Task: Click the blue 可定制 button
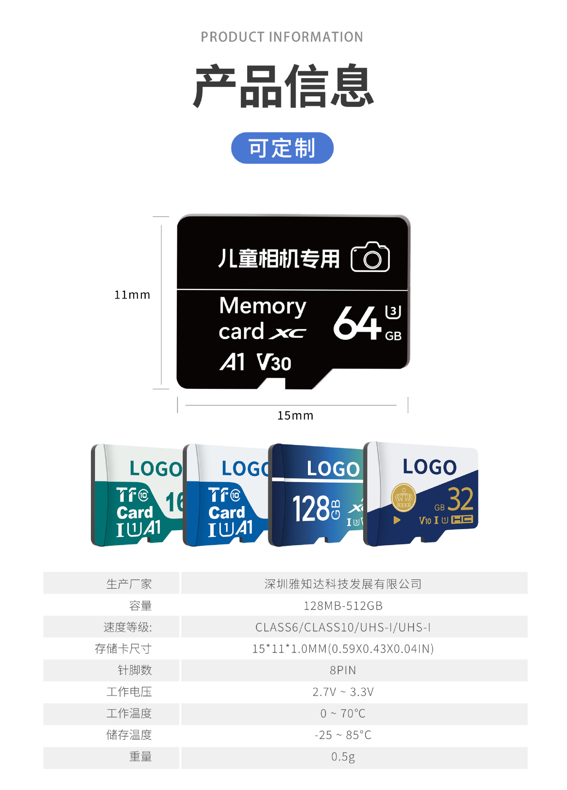coord(282,148)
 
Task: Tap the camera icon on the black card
coord(370,257)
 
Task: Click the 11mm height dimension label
coord(132,295)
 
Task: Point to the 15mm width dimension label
coord(295,416)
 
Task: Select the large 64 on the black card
coord(357,323)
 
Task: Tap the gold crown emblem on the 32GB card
coord(403,497)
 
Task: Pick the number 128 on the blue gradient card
coord(310,509)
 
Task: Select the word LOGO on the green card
coord(155,469)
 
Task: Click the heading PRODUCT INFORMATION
coord(282,37)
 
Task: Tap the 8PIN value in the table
coord(343,670)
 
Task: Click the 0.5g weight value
coord(343,757)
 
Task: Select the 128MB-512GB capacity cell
coord(343,606)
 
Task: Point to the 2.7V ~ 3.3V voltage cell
coord(343,692)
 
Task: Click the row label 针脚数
coord(135,670)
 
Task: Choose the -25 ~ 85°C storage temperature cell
coord(343,735)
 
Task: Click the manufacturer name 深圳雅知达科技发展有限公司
coord(343,584)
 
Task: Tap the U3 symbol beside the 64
coord(393,312)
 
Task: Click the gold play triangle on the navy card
coord(397,520)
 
